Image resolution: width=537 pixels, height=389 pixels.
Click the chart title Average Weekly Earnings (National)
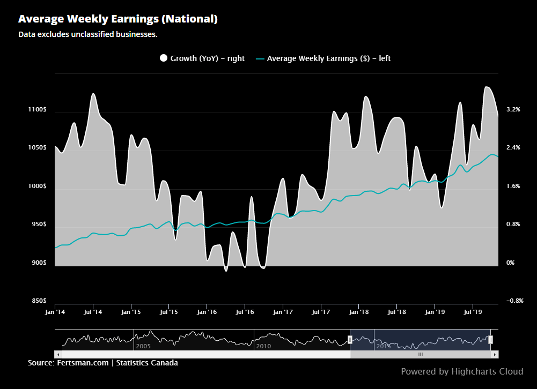coord(117,19)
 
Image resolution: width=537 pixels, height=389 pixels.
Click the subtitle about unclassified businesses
coord(87,34)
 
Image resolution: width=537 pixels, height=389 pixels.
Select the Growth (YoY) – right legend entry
coord(202,58)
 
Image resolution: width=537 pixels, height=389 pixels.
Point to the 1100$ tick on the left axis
coord(38,110)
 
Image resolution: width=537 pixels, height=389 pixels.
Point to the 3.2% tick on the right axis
coord(513,110)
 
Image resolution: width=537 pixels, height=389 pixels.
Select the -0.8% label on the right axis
coord(514,301)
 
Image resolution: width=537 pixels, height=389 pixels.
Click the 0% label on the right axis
coord(511,263)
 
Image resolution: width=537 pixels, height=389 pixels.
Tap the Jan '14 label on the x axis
coord(55,311)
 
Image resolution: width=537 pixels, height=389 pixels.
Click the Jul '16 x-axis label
coord(245,311)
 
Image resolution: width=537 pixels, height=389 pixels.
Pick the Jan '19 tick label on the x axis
coord(435,311)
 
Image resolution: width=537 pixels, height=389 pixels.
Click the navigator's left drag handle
coord(350,339)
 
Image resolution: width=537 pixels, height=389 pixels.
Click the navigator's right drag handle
coord(490,339)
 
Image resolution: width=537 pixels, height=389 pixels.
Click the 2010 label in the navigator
coord(263,347)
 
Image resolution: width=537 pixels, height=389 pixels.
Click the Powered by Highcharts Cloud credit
coord(462,371)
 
